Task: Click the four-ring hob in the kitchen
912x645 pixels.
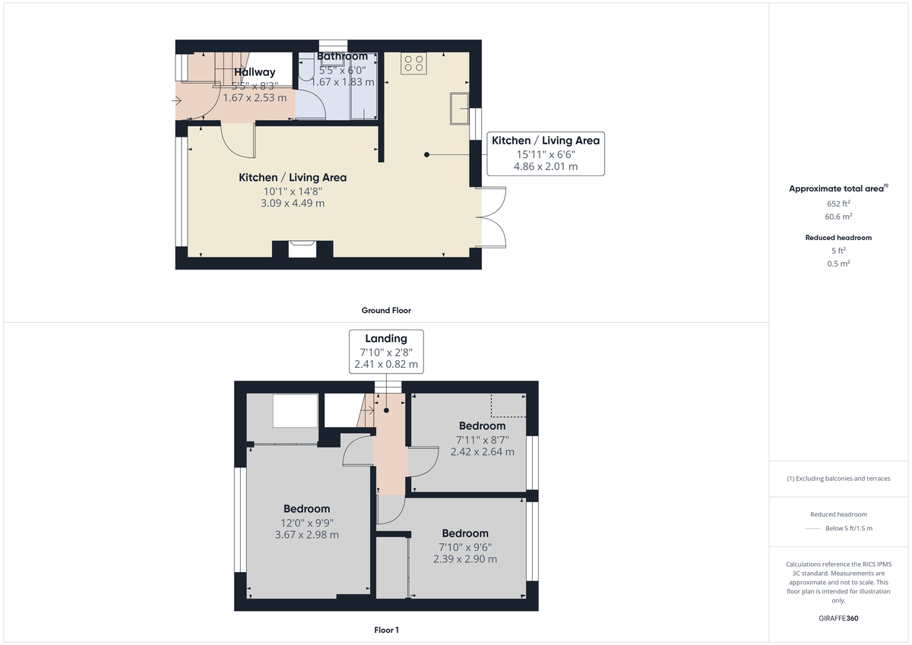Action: point(416,64)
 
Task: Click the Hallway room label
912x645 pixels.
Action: point(255,72)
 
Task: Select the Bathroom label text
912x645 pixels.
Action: point(342,56)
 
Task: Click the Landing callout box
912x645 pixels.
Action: point(386,351)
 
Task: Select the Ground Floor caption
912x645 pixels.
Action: point(386,310)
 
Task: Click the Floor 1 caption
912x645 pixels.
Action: point(386,630)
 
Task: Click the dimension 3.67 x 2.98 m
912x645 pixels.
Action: point(307,535)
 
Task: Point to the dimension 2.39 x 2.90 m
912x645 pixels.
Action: point(465,559)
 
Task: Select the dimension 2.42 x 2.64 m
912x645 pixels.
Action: point(482,451)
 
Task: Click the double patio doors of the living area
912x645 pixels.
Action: point(492,217)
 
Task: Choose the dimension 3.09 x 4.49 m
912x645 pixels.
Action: point(293,203)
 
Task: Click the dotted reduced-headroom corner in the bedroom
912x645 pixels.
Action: point(508,406)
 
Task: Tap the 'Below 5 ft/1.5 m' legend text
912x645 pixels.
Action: point(849,529)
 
